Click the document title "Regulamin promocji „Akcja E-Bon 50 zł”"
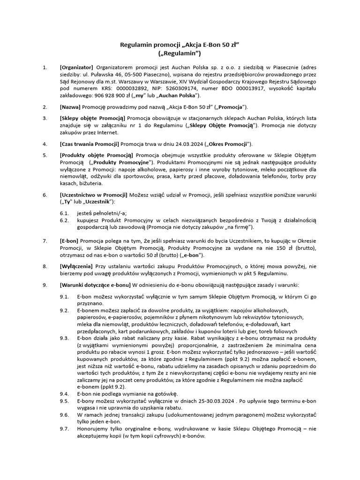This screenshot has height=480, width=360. click(x=180, y=45)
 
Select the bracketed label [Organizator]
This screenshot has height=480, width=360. click(x=76, y=67)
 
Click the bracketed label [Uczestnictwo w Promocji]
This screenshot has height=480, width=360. click(x=93, y=194)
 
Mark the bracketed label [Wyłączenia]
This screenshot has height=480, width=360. click(x=76, y=266)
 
